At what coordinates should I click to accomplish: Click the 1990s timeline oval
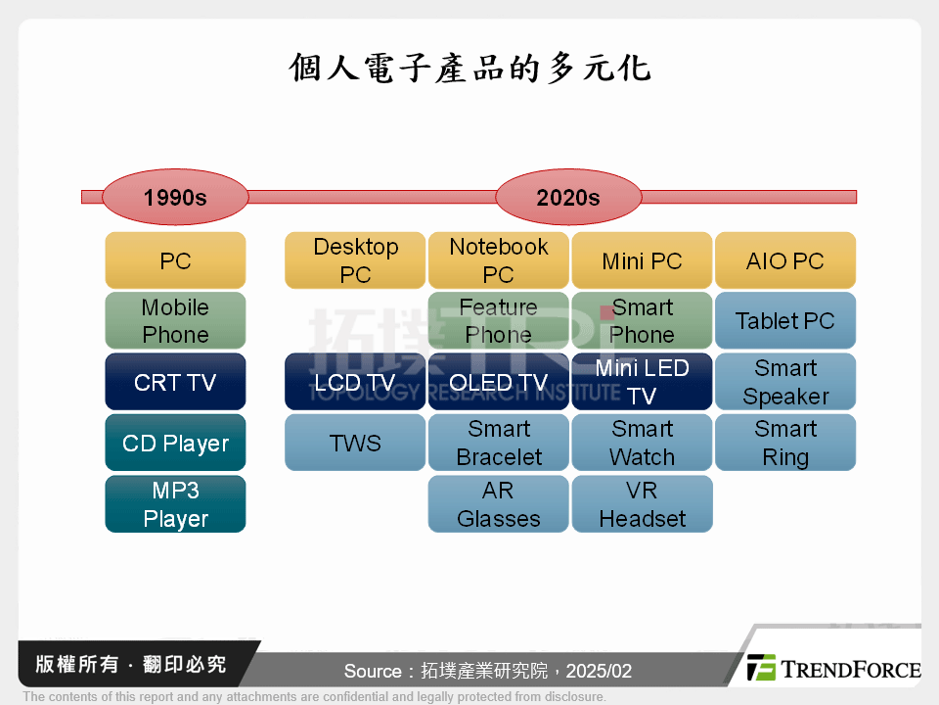point(175,197)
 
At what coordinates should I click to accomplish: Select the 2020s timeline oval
point(567,197)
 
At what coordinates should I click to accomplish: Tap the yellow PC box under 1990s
point(175,260)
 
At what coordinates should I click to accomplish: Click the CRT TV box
point(175,382)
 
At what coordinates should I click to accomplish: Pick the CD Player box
point(175,443)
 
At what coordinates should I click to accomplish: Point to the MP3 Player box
point(175,504)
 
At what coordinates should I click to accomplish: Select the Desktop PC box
point(355,260)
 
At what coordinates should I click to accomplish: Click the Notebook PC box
point(498,260)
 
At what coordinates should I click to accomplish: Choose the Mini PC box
point(642,260)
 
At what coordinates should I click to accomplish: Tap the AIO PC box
point(785,260)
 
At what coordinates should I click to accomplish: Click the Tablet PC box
point(785,321)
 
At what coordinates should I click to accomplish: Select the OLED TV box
point(498,382)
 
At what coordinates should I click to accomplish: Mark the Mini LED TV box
point(642,382)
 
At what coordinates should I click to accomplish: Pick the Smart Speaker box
point(785,382)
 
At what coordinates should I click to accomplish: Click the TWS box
point(355,443)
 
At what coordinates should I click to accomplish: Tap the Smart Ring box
point(785,443)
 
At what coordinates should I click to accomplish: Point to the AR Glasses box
point(498,504)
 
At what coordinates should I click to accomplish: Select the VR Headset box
point(642,504)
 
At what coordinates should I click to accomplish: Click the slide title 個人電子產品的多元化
point(469,69)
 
